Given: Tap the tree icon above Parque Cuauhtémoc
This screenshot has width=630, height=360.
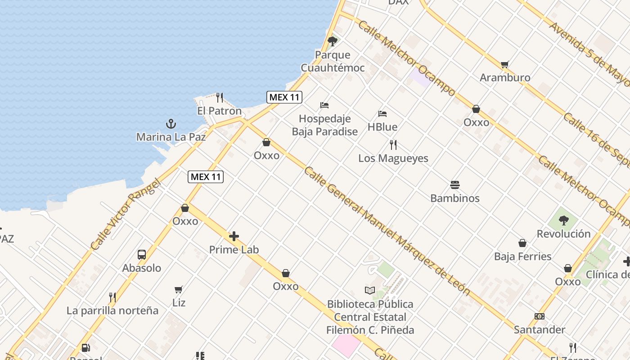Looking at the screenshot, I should [x=333, y=42].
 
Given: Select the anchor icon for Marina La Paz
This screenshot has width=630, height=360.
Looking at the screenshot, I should [x=171, y=124].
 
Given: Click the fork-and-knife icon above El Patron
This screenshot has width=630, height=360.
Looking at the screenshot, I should [x=220, y=97].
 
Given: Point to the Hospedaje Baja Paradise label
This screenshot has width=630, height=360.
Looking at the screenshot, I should [x=324, y=125].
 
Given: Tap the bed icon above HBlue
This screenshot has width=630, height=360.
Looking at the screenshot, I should [x=382, y=114].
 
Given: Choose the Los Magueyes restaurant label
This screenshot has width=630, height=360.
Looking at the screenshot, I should [x=393, y=158].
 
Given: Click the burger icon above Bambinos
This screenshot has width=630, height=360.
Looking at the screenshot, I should [x=455, y=185].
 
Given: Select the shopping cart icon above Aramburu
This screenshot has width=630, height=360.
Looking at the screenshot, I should [x=504, y=64].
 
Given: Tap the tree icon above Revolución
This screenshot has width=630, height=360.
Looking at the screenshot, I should [x=563, y=220].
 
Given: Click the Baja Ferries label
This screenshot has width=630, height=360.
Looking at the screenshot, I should [x=522, y=256].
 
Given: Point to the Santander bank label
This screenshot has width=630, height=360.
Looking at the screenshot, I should [x=540, y=330].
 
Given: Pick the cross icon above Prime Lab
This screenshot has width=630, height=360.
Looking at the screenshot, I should [x=234, y=236].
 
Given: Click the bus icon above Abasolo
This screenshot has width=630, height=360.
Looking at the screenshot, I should [x=142, y=255].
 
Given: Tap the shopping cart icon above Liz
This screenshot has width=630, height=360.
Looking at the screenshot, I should [x=179, y=289].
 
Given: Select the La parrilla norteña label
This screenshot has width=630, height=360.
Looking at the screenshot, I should [x=112, y=310].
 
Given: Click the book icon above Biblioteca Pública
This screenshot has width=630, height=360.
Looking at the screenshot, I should [x=370, y=291].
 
